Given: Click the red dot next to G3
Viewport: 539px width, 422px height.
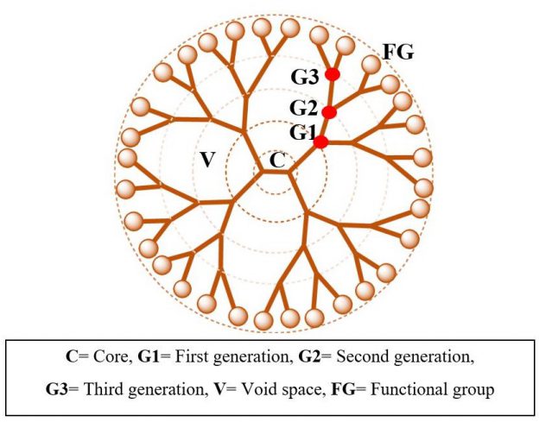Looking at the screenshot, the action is click(x=333, y=74).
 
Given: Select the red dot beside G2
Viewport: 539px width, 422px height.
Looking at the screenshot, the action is click(x=329, y=112).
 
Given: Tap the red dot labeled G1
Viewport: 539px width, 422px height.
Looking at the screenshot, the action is click(x=321, y=142).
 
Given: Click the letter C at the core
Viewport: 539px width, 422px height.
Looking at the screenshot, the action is click(x=277, y=160).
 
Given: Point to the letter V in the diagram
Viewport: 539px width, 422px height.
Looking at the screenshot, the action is click(x=207, y=160).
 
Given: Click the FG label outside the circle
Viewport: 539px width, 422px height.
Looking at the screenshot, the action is click(x=399, y=53).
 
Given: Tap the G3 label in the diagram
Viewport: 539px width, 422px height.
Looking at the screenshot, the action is click(x=305, y=77).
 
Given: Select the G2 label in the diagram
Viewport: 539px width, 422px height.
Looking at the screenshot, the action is click(x=303, y=108).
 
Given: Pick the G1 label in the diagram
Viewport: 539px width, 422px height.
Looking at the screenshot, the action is click(x=302, y=133).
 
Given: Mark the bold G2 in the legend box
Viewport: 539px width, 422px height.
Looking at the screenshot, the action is click(x=309, y=357).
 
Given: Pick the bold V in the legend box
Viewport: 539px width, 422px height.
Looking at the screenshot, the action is click(x=220, y=390).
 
